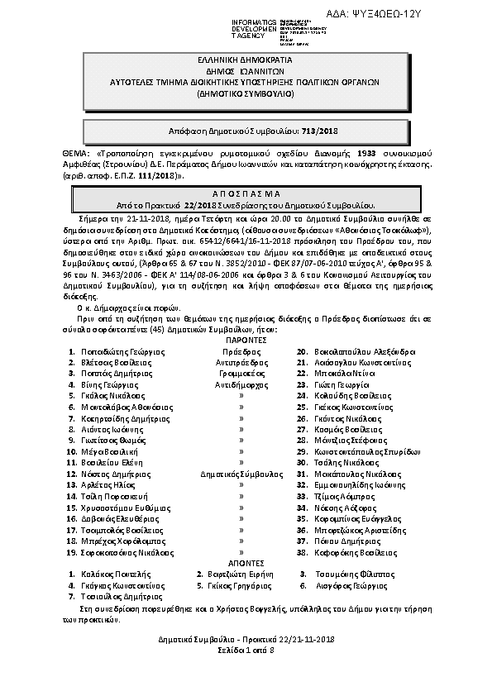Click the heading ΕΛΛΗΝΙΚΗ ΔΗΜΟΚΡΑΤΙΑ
tap(246, 63)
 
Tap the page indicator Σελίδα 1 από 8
tap(246, 651)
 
